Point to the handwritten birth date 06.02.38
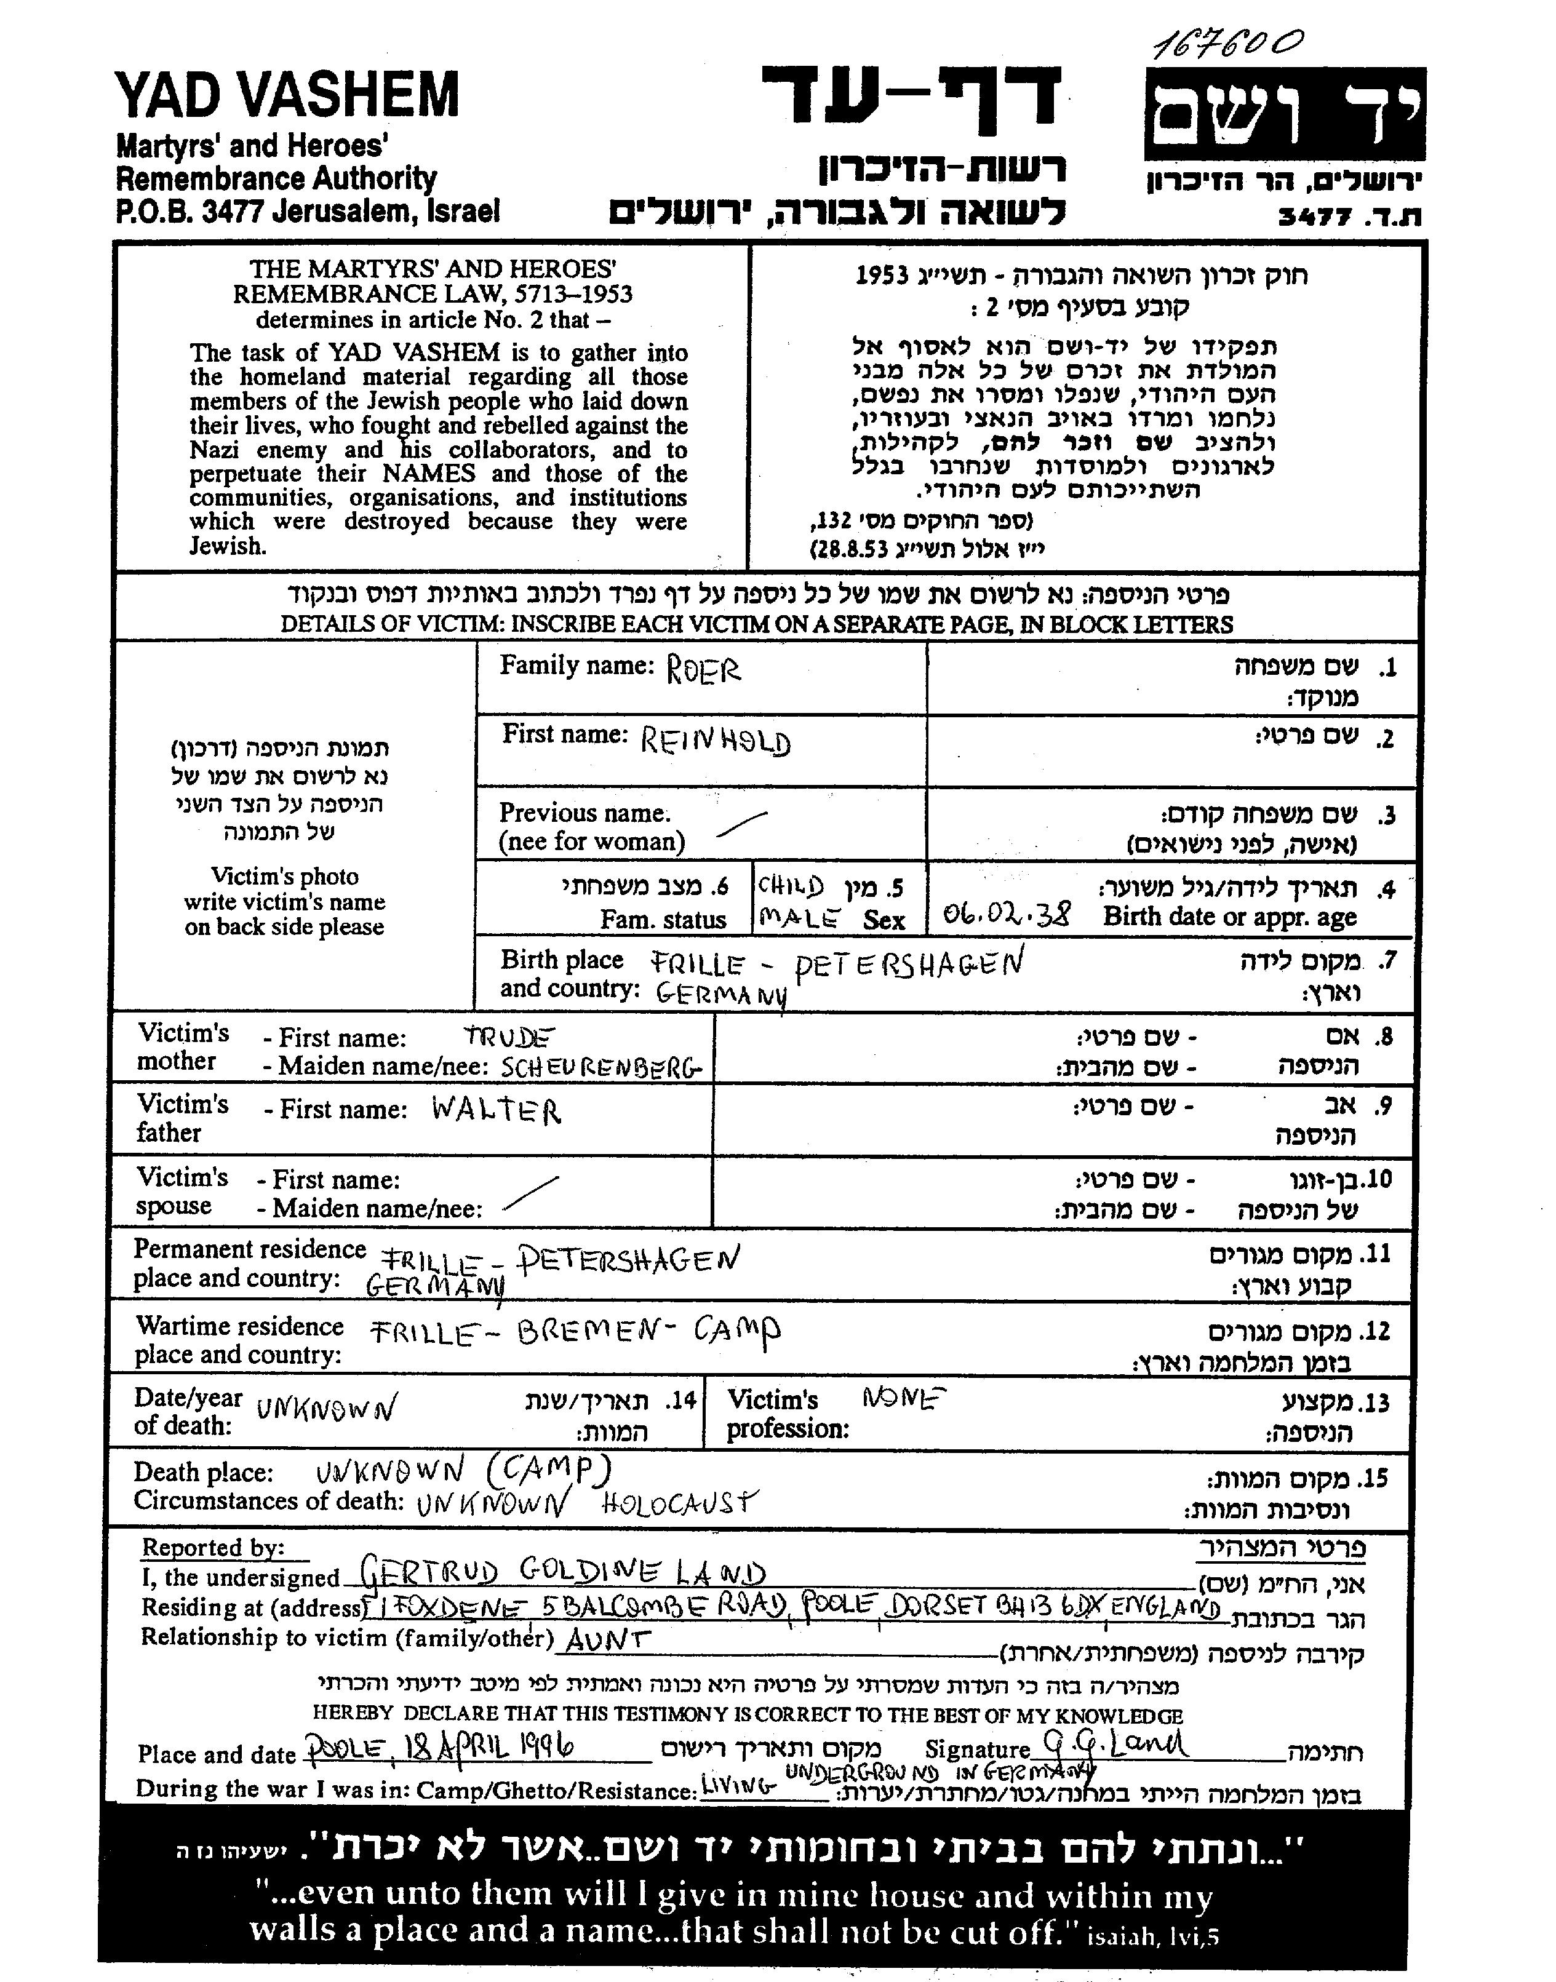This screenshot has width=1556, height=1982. tap(1007, 913)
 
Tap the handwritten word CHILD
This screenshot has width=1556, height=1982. tap(791, 886)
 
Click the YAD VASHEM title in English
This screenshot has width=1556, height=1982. tap(287, 95)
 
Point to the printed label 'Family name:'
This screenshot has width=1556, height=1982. tap(577, 666)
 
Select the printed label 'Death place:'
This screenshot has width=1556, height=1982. tap(203, 1472)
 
